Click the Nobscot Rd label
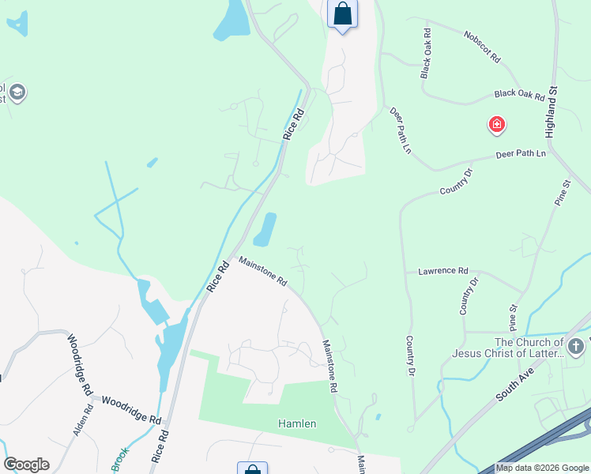tap(483, 47)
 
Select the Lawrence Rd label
tap(442, 271)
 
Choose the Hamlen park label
tap(297, 424)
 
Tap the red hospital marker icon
tap(496, 125)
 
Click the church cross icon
tap(576, 346)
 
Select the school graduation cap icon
tap(17, 93)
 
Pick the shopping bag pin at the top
tap(342, 13)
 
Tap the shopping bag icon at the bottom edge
tap(252, 469)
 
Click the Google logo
tap(26, 465)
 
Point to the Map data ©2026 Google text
tap(542, 468)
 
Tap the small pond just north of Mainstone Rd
tap(265, 229)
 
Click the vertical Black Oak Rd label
tap(426, 54)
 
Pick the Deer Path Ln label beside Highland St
tap(521, 153)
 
